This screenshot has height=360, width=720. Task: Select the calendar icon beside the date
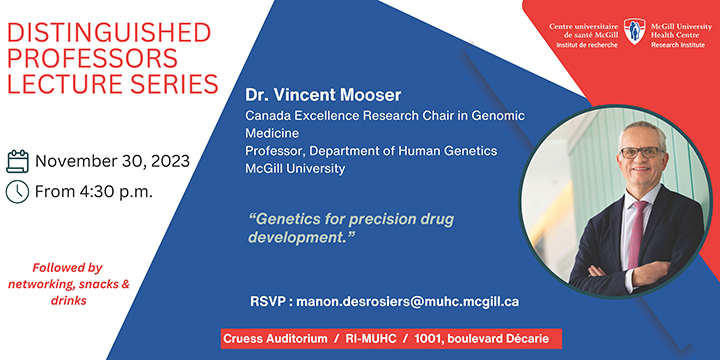(17, 161)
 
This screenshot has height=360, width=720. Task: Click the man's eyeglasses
(641, 152)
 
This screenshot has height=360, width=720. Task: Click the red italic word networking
(53, 284)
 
